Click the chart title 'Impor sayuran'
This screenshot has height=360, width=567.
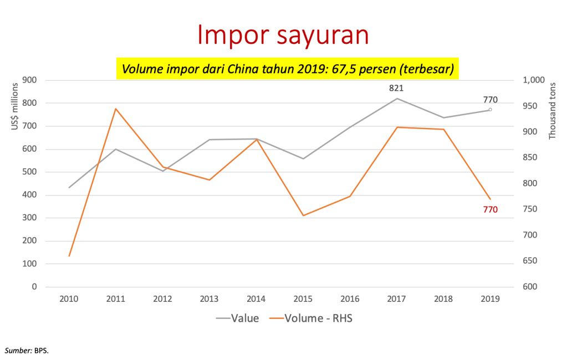point(283,35)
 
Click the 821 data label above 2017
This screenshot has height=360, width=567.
point(396,88)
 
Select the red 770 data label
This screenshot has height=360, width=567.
point(490,209)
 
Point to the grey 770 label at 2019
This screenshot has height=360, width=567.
point(490,100)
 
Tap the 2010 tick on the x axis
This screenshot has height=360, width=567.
point(69,299)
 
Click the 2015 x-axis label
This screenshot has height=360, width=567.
point(302,299)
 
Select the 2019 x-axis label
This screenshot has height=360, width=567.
point(490,299)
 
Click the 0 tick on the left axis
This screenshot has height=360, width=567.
point(34,287)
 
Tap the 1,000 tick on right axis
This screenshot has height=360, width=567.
point(533,80)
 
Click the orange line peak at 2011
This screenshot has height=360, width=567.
point(115,109)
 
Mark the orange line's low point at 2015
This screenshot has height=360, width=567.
point(303,215)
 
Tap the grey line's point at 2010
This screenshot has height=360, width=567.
point(69,187)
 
